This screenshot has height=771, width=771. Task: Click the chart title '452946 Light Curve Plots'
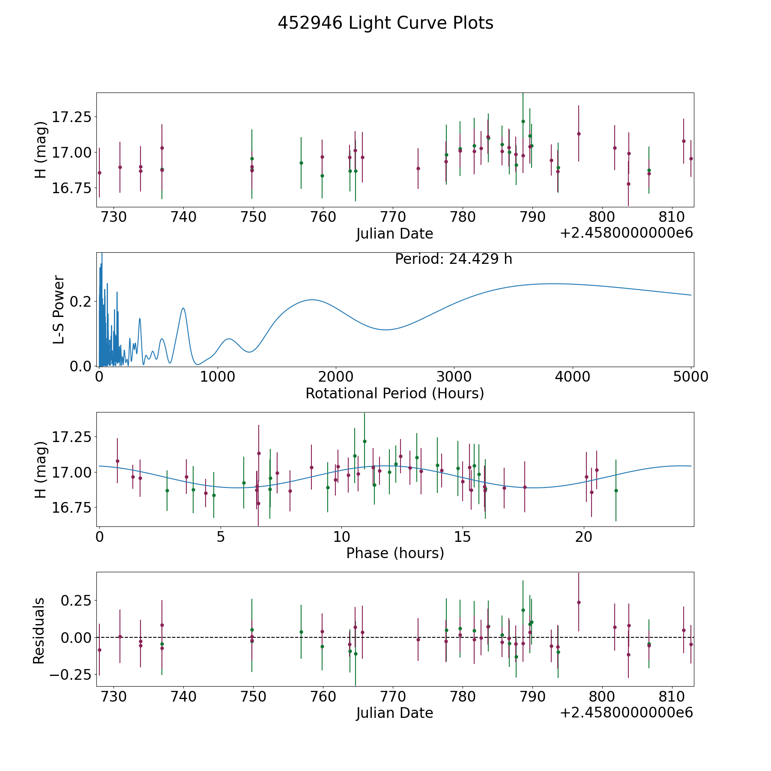coord(385,23)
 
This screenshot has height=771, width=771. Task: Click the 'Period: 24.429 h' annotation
coord(454,259)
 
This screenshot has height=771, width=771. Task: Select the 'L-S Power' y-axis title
coord(59,309)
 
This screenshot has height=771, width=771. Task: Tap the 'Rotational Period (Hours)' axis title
coord(394,393)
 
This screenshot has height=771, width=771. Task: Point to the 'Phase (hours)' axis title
coord(395,553)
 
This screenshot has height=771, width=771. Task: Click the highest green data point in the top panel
coord(523,121)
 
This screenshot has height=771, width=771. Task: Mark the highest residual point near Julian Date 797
coord(579,602)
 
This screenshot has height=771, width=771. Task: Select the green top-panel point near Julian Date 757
coord(301,163)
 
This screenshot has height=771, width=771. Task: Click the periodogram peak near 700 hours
coord(183,308)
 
